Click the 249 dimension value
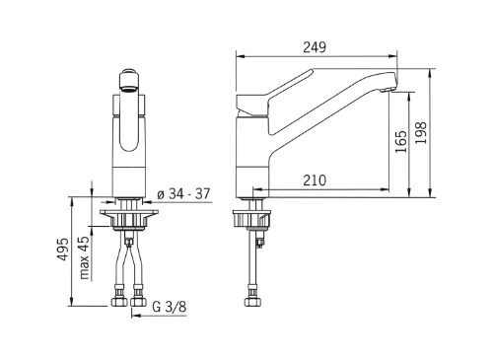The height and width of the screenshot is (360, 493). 315,47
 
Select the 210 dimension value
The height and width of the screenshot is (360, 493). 315,180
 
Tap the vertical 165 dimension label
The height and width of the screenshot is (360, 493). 401,142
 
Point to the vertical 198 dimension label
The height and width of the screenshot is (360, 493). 421,132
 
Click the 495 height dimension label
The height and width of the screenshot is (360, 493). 63,250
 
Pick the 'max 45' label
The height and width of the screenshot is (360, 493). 84,257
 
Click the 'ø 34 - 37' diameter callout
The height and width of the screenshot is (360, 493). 183,194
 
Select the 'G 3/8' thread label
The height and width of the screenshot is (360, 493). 170,307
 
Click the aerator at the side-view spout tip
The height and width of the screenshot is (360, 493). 388,89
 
